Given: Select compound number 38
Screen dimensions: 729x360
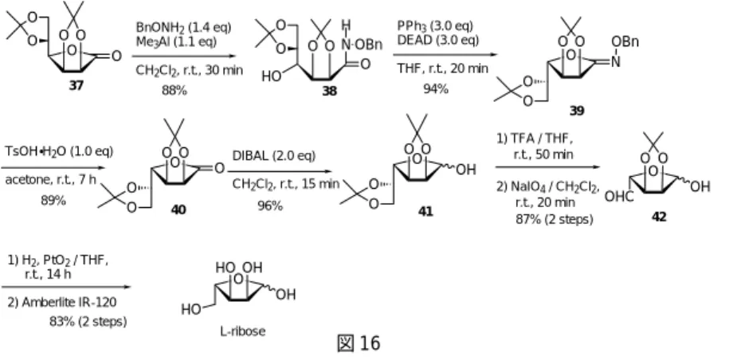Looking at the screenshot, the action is pyautogui.click(x=329, y=91).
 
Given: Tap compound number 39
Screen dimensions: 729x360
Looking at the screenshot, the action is pyautogui.click(x=576, y=110).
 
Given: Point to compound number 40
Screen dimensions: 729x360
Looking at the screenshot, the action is pyautogui.click(x=178, y=209).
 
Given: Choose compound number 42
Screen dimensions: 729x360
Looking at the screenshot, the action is pyautogui.click(x=659, y=217).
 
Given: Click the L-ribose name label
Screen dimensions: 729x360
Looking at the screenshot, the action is pyautogui.click(x=243, y=331).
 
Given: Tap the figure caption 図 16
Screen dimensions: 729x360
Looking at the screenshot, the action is pyautogui.click(x=358, y=343).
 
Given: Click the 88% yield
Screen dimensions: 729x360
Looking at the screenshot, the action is pyautogui.click(x=174, y=90).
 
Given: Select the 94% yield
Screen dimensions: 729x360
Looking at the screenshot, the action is pyautogui.click(x=436, y=88).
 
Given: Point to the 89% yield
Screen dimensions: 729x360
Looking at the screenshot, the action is pyautogui.click(x=53, y=200).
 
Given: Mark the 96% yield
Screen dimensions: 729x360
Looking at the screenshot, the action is pyautogui.click(x=270, y=205).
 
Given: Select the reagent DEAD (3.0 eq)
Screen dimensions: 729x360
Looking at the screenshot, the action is pyautogui.click(x=437, y=40).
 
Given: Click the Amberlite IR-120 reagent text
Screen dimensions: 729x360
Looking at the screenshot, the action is pyautogui.click(x=62, y=303).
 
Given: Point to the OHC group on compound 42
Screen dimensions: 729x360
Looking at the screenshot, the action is pyautogui.click(x=619, y=197).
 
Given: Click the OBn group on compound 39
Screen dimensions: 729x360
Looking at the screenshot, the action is pyautogui.click(x=625, y=41).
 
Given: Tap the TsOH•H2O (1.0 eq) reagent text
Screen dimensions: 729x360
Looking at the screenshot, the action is pyautogui.click(x=59, y=151).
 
